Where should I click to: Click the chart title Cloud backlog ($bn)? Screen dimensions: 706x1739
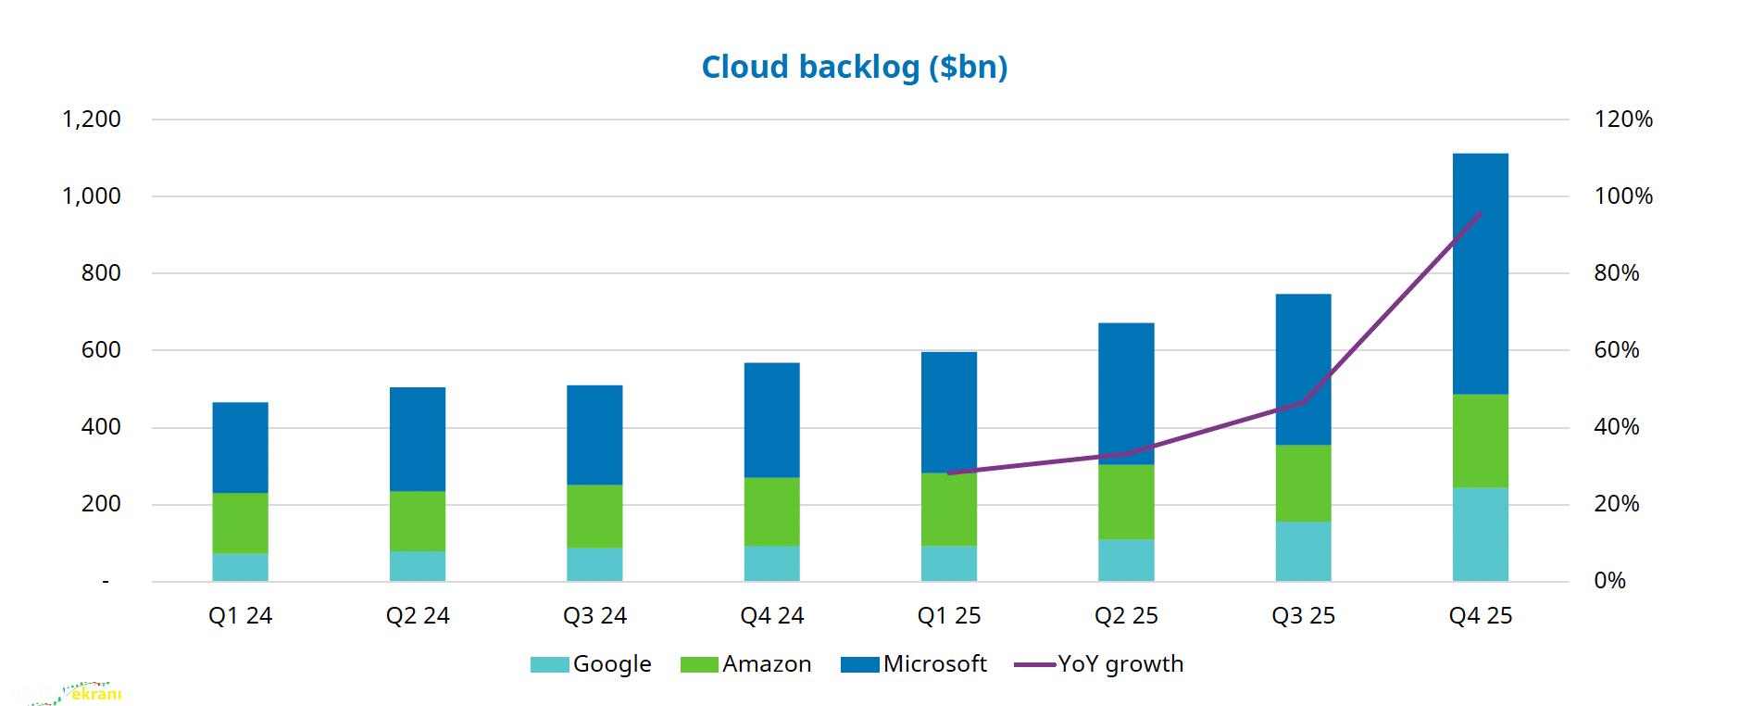[x=854, y=67]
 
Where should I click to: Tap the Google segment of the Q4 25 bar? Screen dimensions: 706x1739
[x=1480, y=535]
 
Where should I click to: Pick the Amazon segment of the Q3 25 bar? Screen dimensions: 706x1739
[x=1303, y=483]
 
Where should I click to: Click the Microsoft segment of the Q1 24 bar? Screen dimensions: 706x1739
[x=240, y=448]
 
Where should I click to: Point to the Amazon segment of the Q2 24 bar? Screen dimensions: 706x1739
[x=417, y=521]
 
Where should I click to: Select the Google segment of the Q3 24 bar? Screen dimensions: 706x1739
[x=594, y=564]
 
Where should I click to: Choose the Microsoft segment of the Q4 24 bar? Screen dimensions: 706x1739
[x=771, y=420]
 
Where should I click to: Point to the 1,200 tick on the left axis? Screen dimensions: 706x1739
[x=92, y=120]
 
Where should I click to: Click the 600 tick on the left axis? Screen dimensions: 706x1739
[x=101, y=350]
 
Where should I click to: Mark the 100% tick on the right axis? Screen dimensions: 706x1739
[x=1622, y=196]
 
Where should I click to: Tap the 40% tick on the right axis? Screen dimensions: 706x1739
[x=1616, y=427]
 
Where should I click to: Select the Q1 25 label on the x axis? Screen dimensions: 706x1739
[x=948, y=616]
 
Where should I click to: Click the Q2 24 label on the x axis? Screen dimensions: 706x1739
[x=417, y=616]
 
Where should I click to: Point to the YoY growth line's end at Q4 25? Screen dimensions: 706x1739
[x=1480, y=213]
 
